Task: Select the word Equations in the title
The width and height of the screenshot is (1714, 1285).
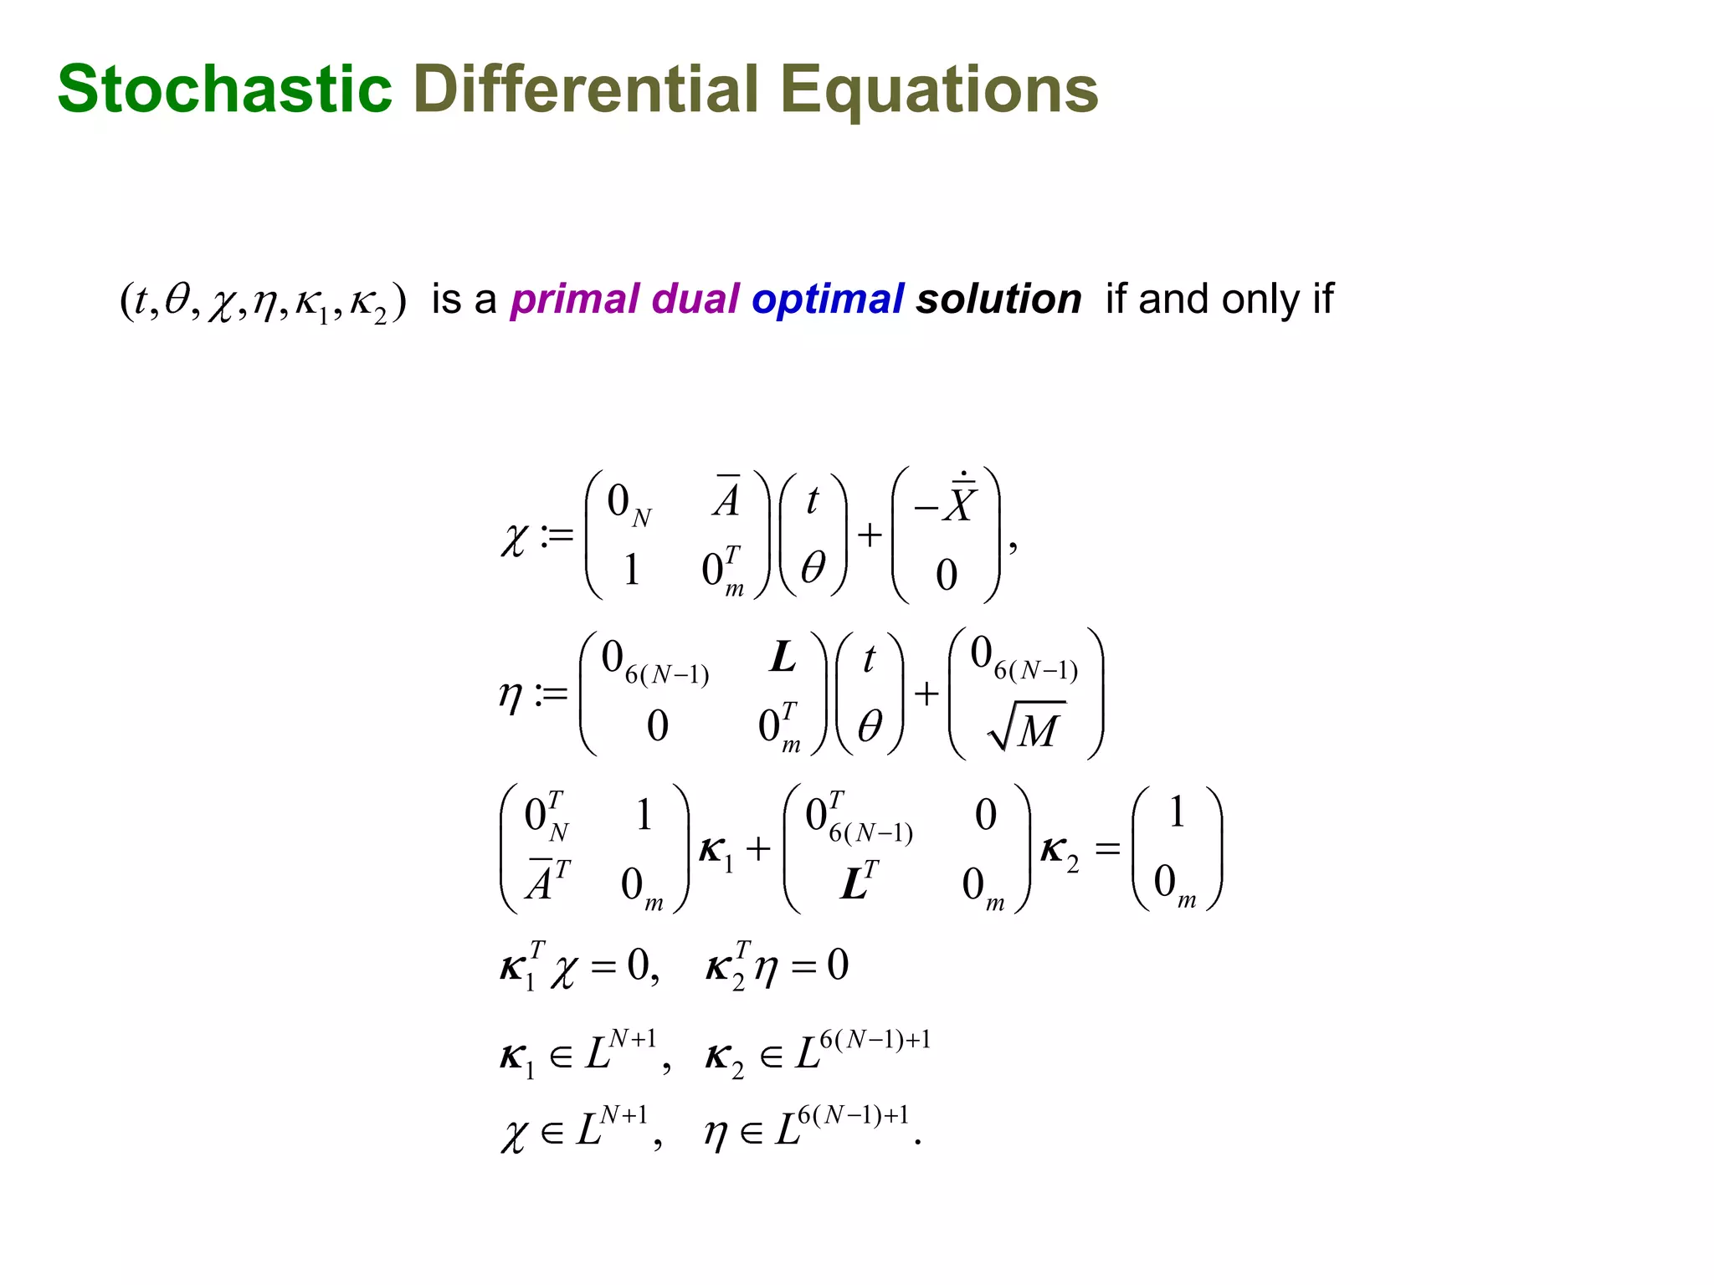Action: [939, 90]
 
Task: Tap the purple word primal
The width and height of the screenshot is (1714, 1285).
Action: [575, 299]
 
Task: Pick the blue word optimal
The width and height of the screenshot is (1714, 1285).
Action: [828, 299]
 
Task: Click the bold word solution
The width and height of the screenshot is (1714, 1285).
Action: [998, 299]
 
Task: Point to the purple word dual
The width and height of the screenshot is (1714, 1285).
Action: [695, 299]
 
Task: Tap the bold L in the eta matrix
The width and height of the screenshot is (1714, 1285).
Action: [783, 658]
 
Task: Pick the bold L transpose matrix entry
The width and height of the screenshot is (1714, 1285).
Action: [859, 881]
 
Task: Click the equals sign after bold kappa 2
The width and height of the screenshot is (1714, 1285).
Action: [1107, 849]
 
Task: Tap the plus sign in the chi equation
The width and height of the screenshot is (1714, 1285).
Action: [870, 535]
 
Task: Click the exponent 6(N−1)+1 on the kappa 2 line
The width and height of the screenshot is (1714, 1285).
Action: [875, 1040]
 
